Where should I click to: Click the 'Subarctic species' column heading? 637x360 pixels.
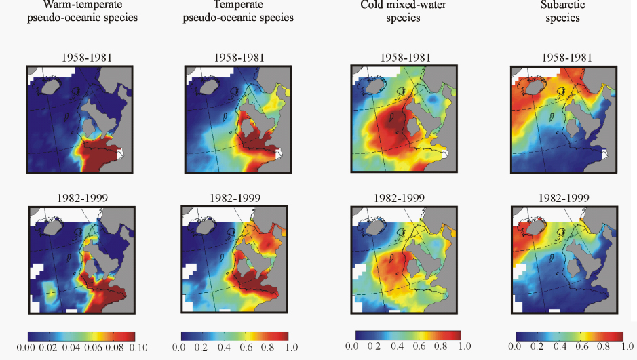pyautogui.click(x=563, y=12)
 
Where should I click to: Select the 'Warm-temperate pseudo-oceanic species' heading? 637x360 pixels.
pyautogui.click(x=82, y=12)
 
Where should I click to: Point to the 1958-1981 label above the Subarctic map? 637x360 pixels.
pyautogui.click(x=563, y=58)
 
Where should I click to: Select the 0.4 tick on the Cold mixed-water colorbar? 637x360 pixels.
pyautogui.click(x=395, y=347)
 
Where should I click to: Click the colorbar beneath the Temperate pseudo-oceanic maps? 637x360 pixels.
pyautogui.click(x=235, y=336)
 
